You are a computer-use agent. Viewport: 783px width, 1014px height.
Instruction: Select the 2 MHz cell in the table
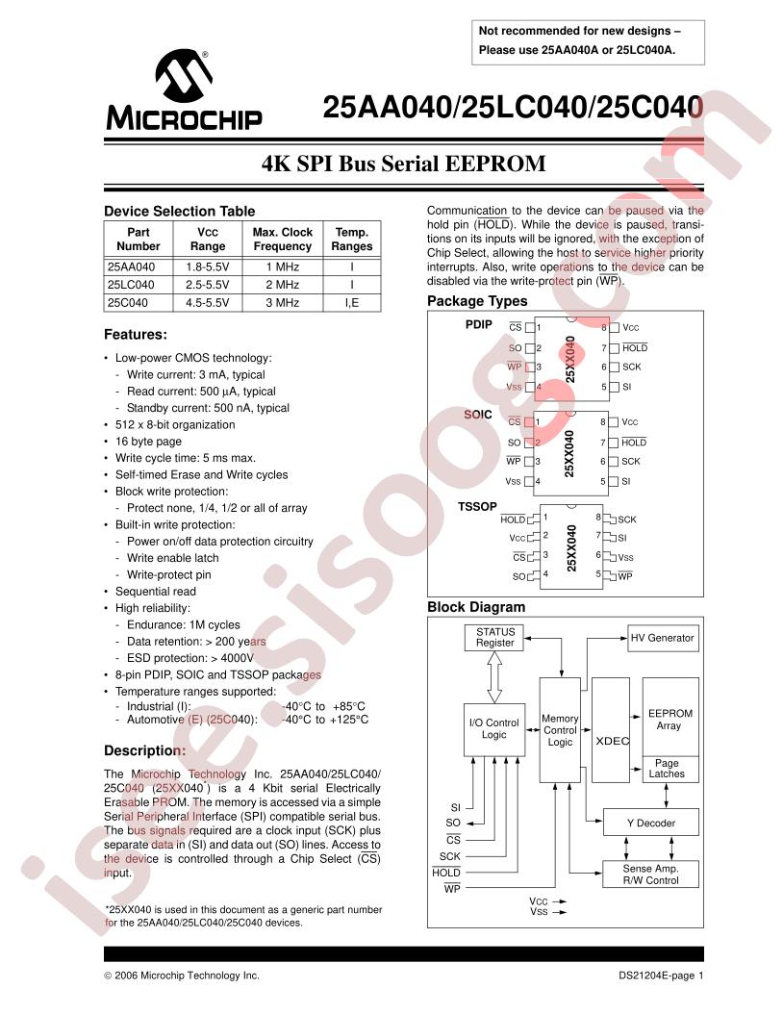(x=282, y=284)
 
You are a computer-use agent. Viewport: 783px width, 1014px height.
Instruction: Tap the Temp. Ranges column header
(x=352, y=239)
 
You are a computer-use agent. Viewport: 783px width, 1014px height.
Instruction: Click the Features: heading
(x=136, y=335)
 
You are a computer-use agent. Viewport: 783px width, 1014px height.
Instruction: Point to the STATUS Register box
(x=495, y=637)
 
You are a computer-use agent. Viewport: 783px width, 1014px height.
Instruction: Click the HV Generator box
(x=662, y=638)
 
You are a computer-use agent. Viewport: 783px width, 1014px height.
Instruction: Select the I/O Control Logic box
(x=493, y=728)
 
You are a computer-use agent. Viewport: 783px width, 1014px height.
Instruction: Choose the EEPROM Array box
(x=669, y=720)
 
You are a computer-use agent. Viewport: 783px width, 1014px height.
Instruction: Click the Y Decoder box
(x=651, y=823)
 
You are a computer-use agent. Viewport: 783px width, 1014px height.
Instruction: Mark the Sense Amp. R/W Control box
(x=651, y=874)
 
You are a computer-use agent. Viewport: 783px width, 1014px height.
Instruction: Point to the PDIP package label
(x=479, y=325)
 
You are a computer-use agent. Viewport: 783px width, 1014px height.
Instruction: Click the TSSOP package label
(x=475, y=505)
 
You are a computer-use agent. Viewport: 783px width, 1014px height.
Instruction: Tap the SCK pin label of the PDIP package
(x=631, y=367)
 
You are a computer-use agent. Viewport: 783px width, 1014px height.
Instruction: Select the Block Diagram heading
(x=476, y=607)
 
